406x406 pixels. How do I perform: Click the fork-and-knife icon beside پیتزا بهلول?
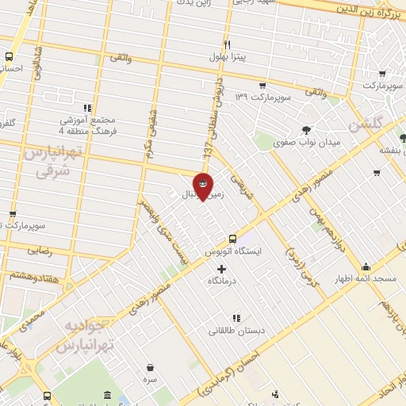(x=227, y=44)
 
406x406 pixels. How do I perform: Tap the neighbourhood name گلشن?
(x=366, y=124)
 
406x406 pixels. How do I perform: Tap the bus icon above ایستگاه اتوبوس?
(x=232, y=239)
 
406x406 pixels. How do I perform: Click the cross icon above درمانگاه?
(x=221, y=269)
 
